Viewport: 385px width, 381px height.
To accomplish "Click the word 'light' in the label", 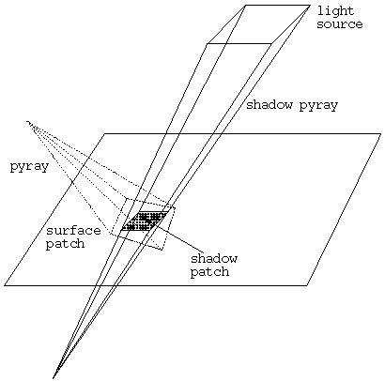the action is coord(335,11).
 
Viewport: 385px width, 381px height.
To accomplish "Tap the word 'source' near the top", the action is coord(340,24).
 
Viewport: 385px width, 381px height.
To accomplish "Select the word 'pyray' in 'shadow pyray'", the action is coord(318,106).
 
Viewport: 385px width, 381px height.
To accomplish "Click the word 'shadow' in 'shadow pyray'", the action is coord(269,104).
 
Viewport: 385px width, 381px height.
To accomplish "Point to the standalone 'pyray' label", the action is coord(29,167).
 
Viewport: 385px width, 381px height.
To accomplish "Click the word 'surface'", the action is coord(73,231).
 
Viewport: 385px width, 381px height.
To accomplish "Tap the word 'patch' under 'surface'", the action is coord(65,244).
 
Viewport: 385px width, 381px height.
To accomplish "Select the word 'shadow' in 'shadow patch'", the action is coord(214,258).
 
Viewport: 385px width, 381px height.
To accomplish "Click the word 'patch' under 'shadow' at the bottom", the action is coord(209,271).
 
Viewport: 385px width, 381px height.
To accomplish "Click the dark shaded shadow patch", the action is coord(145,221).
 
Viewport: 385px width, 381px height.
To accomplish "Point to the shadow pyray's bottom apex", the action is coord(54,378).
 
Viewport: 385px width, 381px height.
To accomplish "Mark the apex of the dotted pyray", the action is coord(27,121).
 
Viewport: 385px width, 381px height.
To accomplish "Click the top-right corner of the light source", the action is coord(310,6).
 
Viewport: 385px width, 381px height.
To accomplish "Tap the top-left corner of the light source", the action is coord(246,6).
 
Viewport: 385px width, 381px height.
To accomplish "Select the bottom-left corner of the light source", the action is coord(208,44).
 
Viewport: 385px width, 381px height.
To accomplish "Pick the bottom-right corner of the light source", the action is coord(271,44).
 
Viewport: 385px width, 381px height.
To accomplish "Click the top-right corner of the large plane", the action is coord(380,134).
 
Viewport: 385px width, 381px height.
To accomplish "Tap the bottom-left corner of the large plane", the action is coord(5,285).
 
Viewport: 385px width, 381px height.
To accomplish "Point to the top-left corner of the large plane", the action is coord(104,134).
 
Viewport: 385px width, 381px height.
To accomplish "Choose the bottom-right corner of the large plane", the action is coord(307,285).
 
